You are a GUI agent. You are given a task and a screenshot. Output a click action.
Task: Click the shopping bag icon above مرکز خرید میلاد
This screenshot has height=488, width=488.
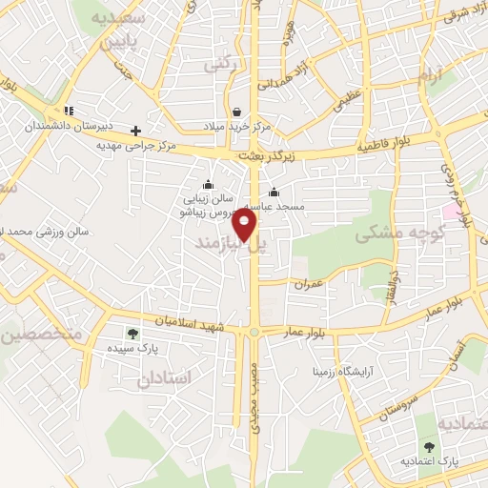(x=235, y=111)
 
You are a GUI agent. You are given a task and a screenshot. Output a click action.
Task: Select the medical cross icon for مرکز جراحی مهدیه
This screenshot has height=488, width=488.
(x=136, y=131)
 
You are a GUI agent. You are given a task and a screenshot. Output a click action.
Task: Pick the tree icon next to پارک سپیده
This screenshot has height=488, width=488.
(x=132, y=334)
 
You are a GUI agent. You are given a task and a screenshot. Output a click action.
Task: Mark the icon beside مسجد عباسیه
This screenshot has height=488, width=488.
(x=274, y=191)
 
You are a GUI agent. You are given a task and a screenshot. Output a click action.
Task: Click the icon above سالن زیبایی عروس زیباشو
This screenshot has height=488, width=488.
(x=209, y=185)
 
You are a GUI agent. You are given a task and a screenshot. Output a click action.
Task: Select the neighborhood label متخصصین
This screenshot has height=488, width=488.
(x=43, y=335)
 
